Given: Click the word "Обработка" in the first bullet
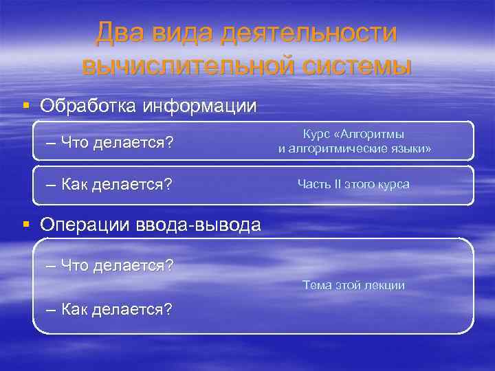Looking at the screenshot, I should [x=89, y=106].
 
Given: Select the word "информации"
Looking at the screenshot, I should [x=199, y=106].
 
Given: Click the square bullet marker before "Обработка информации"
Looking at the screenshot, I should [x=25, y=106].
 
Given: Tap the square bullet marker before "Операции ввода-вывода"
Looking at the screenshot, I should [x=25, y=224].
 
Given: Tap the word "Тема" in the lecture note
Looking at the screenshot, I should [x=315, y=284].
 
